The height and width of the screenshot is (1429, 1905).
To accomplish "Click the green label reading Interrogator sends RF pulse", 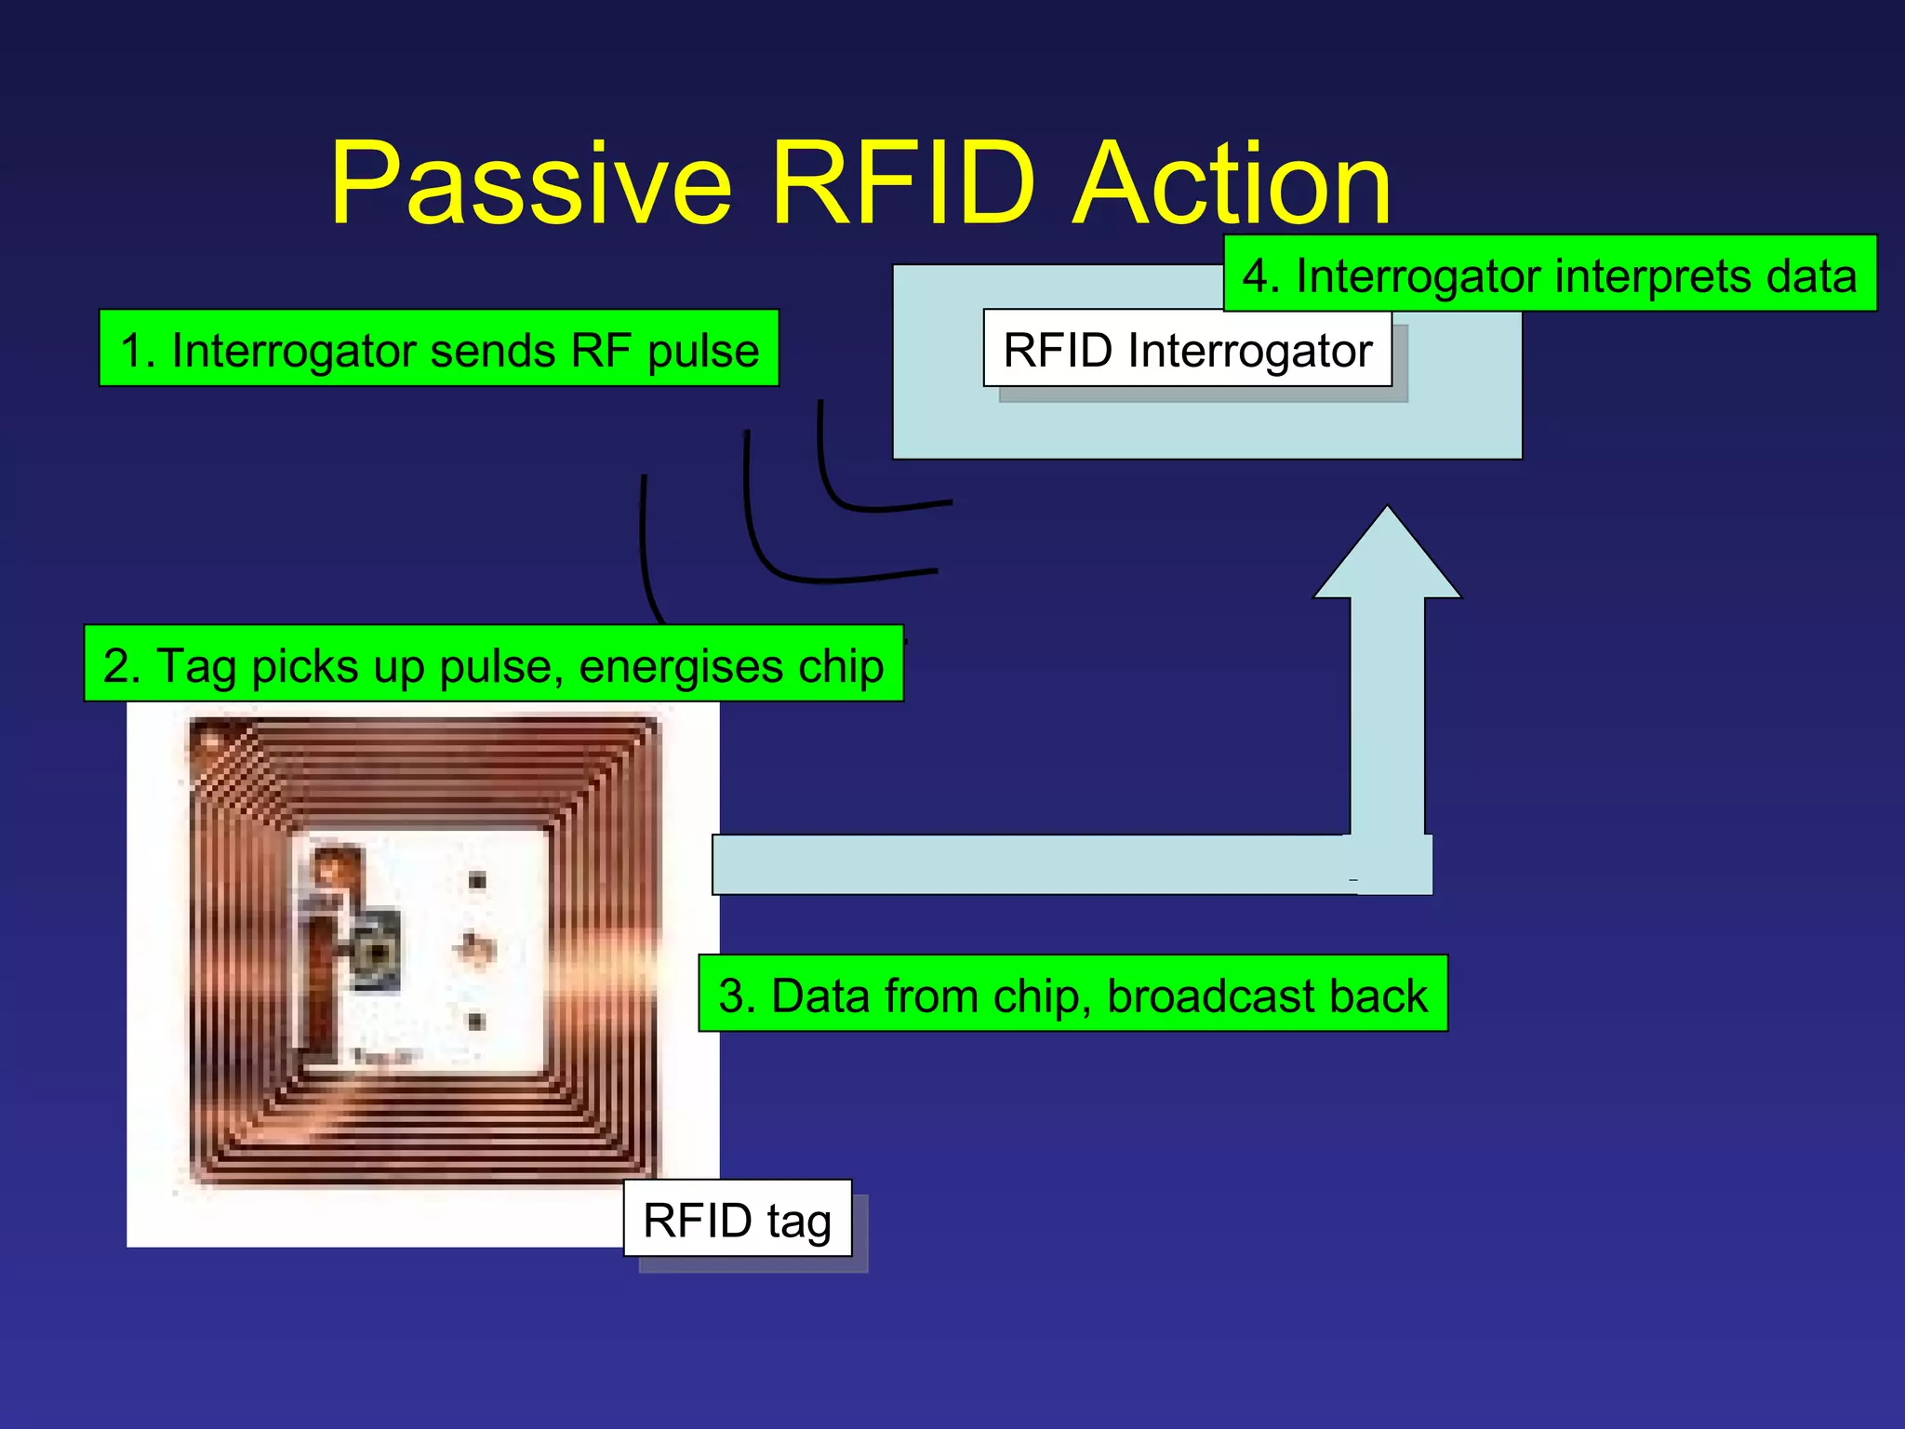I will (439, 349).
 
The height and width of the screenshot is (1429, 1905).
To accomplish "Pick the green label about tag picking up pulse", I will (493, 664).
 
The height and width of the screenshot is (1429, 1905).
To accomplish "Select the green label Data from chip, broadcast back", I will (1072, 994).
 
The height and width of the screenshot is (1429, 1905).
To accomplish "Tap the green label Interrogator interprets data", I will (1550, 274).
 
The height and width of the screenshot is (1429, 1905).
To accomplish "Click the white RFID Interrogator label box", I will (1187, 349).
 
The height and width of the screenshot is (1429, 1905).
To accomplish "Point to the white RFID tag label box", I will (738, 1219).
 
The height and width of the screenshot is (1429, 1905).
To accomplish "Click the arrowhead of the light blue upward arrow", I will (1387, 558).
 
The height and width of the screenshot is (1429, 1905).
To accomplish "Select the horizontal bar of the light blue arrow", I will (1023, 864).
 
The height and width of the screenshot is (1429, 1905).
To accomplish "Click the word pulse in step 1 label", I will (703, 351).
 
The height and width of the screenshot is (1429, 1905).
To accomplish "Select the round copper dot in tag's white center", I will (476, 948).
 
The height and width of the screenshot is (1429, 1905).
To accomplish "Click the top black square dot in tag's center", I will (477, 880).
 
